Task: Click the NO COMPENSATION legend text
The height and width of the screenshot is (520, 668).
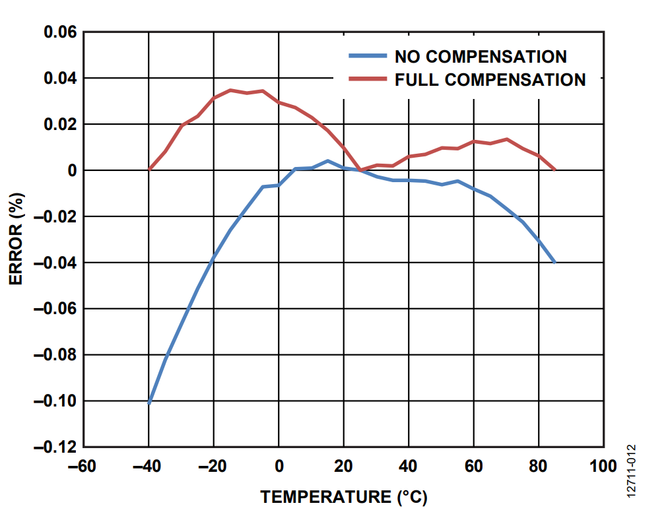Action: coord(480,57)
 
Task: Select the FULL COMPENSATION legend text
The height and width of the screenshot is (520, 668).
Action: coord(490,80)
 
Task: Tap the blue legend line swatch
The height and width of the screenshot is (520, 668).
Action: coord(367,56)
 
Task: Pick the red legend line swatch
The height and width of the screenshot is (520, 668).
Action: coord(367,79)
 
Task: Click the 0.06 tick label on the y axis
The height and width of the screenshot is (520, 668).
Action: coord(60,32)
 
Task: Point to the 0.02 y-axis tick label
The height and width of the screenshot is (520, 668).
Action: coord(60,125)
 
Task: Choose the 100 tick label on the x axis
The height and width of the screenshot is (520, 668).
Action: coord(603,467)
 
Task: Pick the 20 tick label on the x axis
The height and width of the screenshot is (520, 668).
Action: coord(343,467)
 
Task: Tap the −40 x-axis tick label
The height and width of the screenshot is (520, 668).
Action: coord(149,467)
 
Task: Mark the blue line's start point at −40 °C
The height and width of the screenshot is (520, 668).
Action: coord(149,403)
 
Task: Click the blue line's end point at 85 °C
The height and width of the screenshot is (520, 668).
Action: coord(554,262)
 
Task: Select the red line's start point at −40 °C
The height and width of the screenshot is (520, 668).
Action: coord(150,170)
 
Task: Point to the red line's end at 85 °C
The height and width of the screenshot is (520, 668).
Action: coord(554,170)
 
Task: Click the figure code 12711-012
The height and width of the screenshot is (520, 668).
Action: coord(632,470)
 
